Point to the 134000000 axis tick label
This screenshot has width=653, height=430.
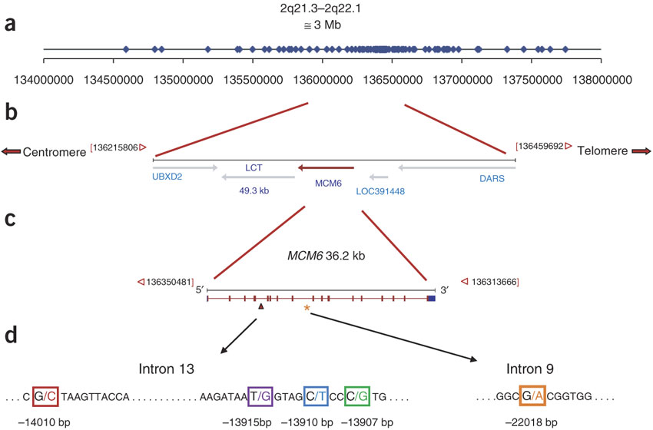click(44, 80)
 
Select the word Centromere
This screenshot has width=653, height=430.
click(55, 152)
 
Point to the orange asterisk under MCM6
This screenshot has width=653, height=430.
click(307, 309)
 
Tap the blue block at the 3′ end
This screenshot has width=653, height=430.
click(431, 297)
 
